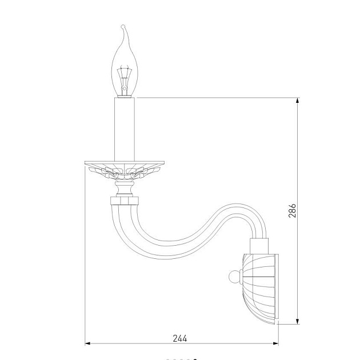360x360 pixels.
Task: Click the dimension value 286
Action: point(292,210)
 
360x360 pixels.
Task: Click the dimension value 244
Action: point(180,338)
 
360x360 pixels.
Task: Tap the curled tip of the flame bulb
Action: point(123,27)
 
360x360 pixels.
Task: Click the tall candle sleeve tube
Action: point(125,129)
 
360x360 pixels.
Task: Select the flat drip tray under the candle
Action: point(125,163)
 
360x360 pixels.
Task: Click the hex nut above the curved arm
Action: point(125,201)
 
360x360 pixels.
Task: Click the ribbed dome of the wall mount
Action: point(259,289)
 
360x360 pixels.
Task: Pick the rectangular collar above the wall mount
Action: point(259,246)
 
